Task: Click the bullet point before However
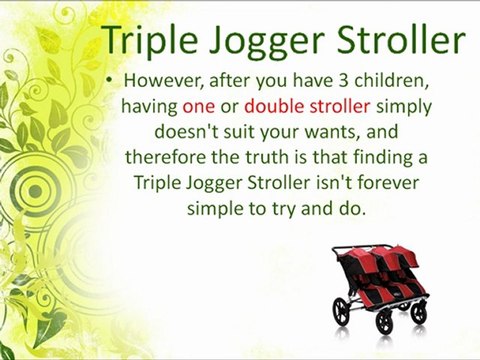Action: click(107, 79)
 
